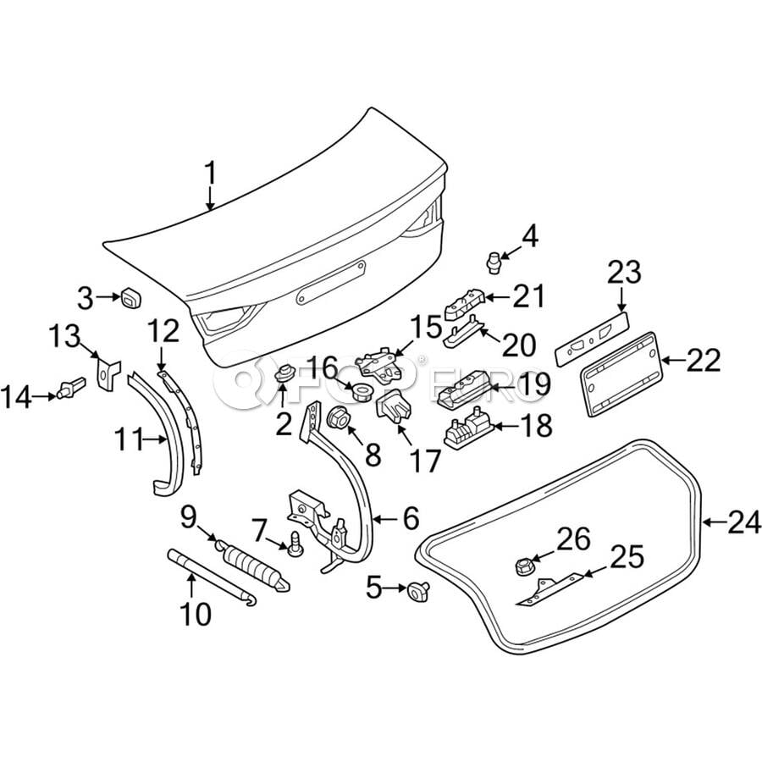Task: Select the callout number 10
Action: (x=195, y=614)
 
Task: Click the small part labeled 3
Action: (x=130, y=297)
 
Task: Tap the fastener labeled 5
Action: (x=417, y=590)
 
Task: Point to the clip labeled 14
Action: (x=69, y=390)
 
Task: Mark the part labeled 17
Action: (x=392, y=412)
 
